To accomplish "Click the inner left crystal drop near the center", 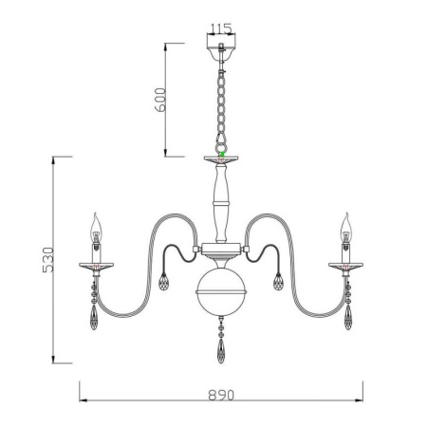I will [x=162, y=282].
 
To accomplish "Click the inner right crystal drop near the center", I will [x=279, y=282].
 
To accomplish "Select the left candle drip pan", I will [x=95, y=265].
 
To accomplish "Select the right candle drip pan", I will [x=345, y=265].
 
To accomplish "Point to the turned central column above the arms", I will [x=220, y=199].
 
